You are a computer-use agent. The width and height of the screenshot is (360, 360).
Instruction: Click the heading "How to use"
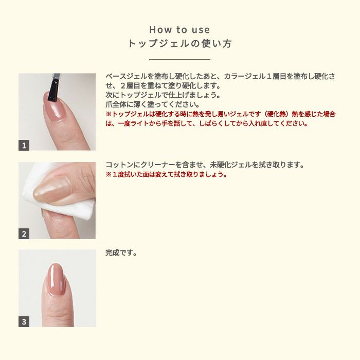[x=179, y=30]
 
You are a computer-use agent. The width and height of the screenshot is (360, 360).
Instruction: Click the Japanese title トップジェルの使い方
[x=179, y=43]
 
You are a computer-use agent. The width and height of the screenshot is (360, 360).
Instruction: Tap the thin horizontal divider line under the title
[x=179, y=59]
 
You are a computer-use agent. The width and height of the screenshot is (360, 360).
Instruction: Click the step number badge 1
[x=24, y=145]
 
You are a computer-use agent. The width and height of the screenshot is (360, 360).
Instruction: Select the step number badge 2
[x=24, y=233]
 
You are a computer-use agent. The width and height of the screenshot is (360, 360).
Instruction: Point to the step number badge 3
[x=24, y=321]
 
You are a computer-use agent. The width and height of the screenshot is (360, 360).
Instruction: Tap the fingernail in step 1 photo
[x=53, y=106]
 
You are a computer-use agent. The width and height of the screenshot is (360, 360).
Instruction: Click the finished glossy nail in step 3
[x=56, y=279]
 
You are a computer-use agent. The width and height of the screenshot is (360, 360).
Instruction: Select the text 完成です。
[x=121, y=253]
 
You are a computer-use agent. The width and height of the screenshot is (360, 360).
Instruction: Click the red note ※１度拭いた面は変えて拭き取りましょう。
[x=166, y=174]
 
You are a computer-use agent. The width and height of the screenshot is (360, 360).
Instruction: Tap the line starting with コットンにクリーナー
[x=205, y=165]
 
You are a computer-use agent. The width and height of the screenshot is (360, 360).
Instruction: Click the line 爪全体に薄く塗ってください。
[x=153, y=104]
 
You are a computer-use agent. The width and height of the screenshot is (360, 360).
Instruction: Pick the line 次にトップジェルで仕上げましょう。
[x=163, y=95]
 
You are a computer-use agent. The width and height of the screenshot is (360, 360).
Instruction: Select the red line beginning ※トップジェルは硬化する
[x=221, y=114]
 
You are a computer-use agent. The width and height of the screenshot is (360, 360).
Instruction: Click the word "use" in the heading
[x=201, y=30]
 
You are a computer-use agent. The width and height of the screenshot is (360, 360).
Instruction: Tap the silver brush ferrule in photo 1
[x=57, y=77]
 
